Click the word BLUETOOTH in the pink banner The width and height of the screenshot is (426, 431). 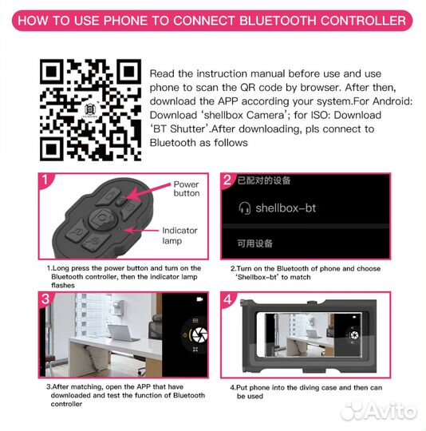278,21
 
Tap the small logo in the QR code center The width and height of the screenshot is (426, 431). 90,110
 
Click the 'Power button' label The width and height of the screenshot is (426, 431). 186,188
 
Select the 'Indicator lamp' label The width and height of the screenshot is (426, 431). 179,235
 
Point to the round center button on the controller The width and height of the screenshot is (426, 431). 103,219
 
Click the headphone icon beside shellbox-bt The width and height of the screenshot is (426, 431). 244,208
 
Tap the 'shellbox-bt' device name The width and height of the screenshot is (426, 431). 286,208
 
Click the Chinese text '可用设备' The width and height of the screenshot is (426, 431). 254,243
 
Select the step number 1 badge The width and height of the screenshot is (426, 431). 45,180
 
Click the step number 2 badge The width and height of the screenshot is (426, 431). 227,180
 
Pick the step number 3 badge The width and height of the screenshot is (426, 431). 45,299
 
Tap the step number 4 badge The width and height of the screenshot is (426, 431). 227,299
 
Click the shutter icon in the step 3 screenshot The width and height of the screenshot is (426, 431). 199,335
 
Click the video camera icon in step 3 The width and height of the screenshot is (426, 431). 199,299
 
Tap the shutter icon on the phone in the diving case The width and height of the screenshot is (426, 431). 354,335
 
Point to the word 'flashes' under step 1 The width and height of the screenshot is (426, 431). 63,285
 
